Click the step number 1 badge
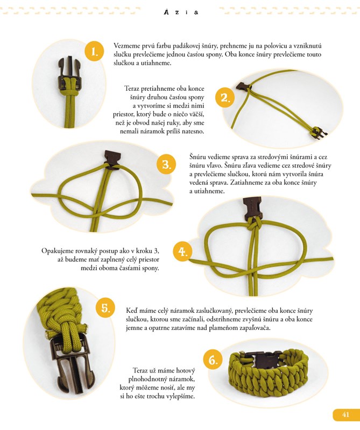click(x=94, y=51)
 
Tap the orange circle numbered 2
click(x=224, y=98)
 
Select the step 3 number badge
click(x=166, y=164)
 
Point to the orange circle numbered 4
click(x=182, y=252)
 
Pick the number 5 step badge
click(x=105, y=308)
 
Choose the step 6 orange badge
click(x=213, y=360)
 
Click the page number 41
click(x=345, y=414)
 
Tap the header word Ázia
click(x=181, y=12)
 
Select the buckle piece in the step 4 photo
click(x=252, y=207)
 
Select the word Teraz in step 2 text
click(x=132, y=89)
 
